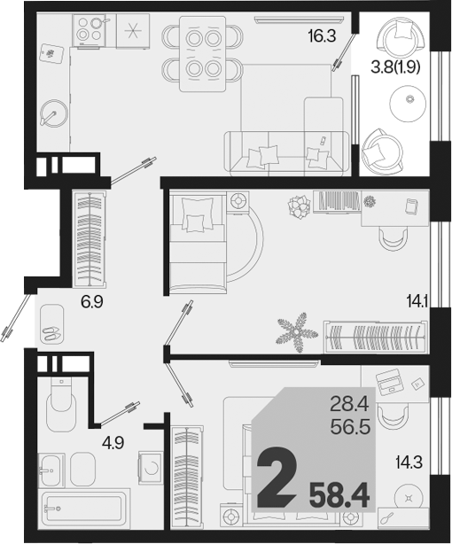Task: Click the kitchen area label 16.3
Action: (x=322, y=35)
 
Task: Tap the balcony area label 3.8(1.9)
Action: (x=396, y=67)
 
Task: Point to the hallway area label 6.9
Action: (x=92, y=302)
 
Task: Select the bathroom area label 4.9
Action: (x=113, y=443)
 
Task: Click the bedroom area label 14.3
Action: (x=409, y=462)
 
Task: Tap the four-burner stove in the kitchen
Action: (x=90, y=30)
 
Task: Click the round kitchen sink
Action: (x=53, y=113)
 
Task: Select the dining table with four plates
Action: (x=202, y=53)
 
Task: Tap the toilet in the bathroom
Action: (x=61, y=405)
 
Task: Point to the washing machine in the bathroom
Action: (x=150, y=467)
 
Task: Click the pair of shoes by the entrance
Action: (x=51, y=333)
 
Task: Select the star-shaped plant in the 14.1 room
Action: (x=297, y=331)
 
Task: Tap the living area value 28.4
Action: (x=348, y=405)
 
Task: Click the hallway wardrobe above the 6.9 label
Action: (x=90, y=238)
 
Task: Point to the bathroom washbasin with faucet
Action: (x=51, y=470)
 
